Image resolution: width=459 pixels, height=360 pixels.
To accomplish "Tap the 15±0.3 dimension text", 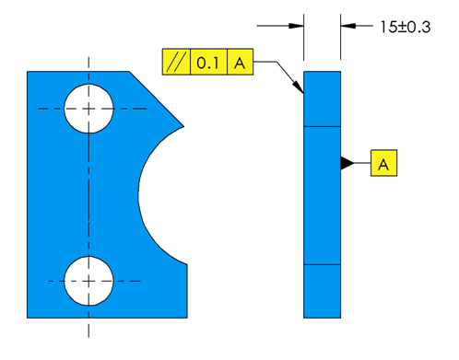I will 405,27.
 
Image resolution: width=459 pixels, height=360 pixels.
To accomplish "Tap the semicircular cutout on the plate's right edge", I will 166,193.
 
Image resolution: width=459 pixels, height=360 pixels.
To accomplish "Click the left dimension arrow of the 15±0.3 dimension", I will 297,27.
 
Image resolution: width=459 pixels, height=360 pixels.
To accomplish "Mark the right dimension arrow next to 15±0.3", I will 347,27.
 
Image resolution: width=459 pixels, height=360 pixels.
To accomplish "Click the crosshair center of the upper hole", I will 88,109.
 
